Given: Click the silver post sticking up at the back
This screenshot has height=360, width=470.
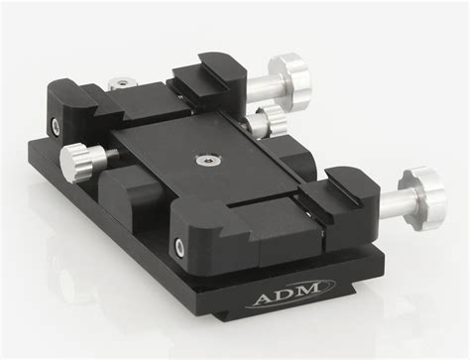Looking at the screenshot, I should tap(122, 82).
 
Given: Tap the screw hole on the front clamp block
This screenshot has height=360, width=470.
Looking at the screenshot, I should tap(179, 247).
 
